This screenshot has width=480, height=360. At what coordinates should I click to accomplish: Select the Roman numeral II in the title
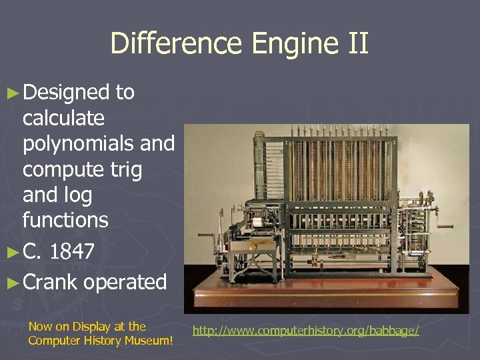point(356,44)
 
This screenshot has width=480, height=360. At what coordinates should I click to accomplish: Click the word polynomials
point(98,144)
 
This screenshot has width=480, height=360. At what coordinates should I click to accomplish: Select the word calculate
point(63,119)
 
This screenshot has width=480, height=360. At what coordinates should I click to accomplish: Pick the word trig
point(127,170)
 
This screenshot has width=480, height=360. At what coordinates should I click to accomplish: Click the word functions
point(65,219)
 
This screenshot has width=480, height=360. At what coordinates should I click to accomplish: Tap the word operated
point(125,283)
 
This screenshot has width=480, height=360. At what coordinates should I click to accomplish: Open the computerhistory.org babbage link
point(306,330)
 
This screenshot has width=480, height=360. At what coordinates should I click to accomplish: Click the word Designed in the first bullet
point(65,93)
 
